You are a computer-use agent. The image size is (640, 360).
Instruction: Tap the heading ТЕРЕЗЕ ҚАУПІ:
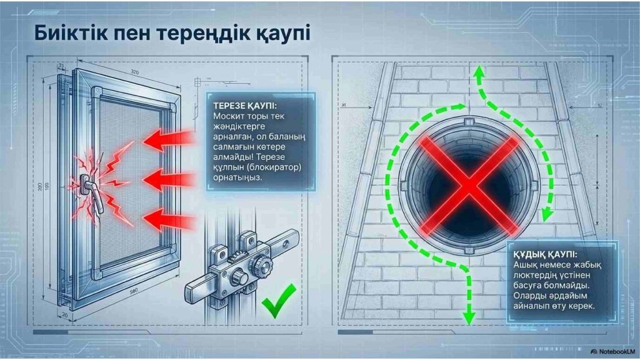(x=244, y=106)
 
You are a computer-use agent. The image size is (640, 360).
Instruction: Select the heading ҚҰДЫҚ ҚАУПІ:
(x=545, y=255)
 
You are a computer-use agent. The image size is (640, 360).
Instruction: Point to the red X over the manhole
(x=469, y=186)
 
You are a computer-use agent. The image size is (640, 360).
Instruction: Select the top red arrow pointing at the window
(x=168, y=139)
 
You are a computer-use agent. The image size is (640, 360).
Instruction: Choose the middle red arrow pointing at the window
(x=168, y=180)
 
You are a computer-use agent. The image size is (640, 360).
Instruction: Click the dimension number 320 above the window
(x=135, y=72)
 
